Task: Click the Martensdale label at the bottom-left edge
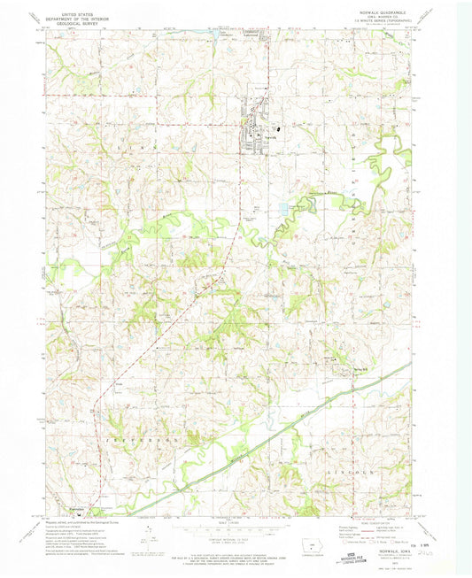[75, 507]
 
